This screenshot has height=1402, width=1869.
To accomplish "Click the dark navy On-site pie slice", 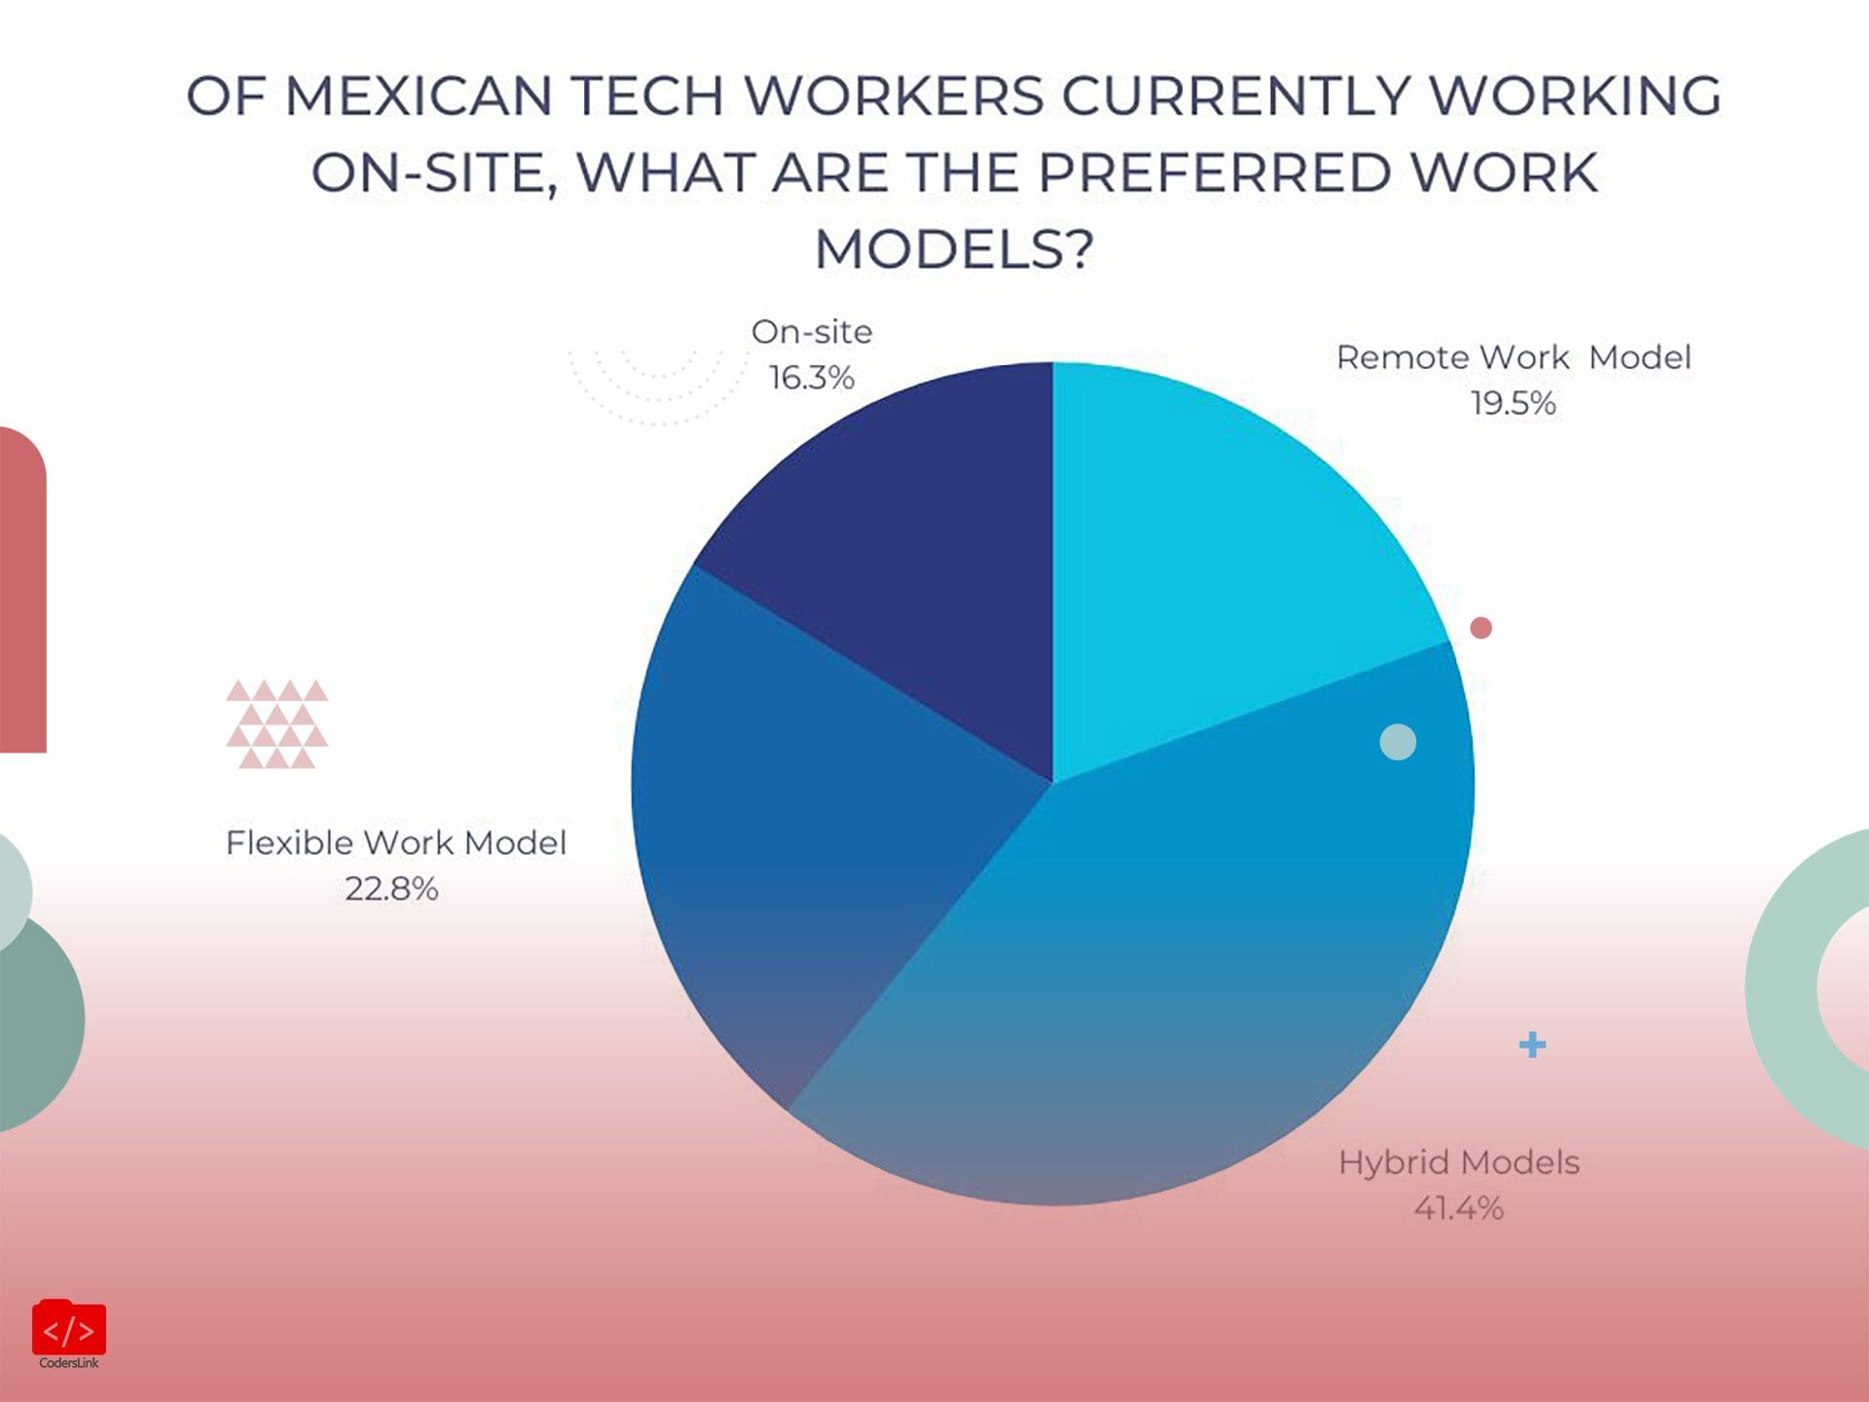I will [905, 545].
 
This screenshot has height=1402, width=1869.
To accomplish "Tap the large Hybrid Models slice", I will [1168, 974].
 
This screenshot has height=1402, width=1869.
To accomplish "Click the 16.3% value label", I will [811, 378].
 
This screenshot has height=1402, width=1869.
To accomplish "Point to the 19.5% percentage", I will [1513, 403].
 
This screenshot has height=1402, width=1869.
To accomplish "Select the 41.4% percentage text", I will [1458, 1208].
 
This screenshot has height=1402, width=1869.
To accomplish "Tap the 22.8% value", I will [391, 889].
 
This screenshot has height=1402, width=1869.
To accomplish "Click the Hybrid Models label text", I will [1458, 1162].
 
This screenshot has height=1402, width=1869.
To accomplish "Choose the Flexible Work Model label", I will [395, 843].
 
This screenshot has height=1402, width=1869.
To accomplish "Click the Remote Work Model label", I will [1513, 357].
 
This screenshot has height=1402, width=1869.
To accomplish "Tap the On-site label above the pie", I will [811, 332].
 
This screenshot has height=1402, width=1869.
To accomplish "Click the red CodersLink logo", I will [69, 1329].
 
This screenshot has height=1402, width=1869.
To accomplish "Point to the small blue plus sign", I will [1532, 1045].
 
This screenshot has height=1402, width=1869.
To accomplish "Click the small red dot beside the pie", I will [1481, 628].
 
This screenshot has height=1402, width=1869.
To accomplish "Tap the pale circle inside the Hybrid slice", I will [1398, 742].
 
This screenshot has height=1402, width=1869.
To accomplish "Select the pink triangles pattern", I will [276, 723].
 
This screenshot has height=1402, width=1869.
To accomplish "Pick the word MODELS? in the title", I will [954, 249].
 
